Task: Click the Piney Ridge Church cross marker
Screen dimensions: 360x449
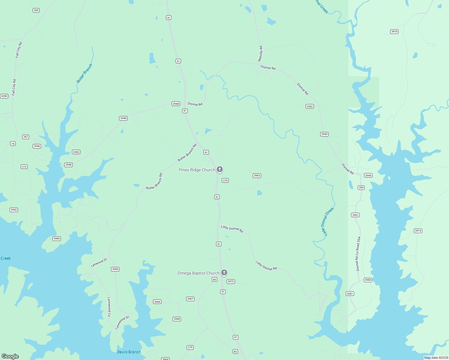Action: coord(220,169)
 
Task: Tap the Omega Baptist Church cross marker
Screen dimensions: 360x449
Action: coord(224,273)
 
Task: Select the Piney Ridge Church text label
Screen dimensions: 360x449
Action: coord(197,170)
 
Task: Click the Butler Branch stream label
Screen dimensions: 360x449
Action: coord(84,73)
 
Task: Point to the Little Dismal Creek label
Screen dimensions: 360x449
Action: coord(327,222)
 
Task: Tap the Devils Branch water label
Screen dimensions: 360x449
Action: coord(129,352)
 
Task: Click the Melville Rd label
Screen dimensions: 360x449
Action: coord(261,54)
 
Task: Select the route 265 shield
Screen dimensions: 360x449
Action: coord(36,10)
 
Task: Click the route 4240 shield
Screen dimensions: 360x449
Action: coord(4,96)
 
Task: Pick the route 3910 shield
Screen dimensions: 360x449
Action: coord(394,31)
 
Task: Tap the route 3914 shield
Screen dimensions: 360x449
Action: coord(418,231)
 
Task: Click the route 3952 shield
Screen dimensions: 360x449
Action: coord(310,106)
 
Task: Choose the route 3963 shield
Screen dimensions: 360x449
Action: coord(257,175)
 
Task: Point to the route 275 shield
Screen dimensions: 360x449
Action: coord(225,180)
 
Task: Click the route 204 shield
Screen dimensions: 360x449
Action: coord(361,187)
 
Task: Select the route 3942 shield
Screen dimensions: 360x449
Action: coord(14,210)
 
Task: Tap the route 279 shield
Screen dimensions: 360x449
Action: coord(190,347)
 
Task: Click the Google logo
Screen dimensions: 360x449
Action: coord(10,356)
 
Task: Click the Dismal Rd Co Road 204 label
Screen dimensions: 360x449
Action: coord(358,254)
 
